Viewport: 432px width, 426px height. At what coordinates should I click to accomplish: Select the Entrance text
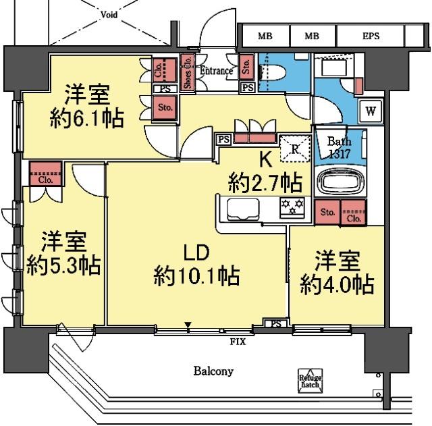[216, 71]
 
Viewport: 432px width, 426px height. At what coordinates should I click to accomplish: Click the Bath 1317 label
[339, 147]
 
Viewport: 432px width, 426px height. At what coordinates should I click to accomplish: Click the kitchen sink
[240, 209]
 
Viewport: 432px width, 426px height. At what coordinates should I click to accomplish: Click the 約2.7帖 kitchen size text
[265, 182]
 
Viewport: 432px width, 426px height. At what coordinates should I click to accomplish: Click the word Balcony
[213, 371]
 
